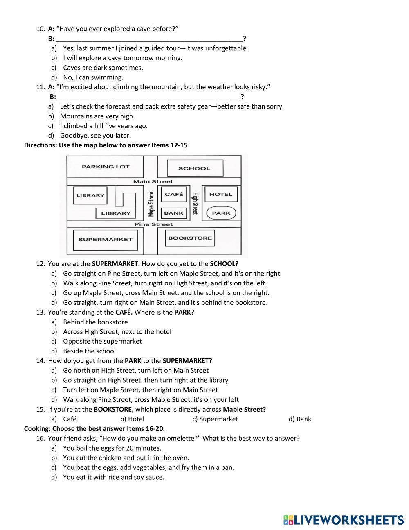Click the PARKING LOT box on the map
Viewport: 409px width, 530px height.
[x=105, y=167]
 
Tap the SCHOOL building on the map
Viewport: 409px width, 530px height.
[x=194, y=168]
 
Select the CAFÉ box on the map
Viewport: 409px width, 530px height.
[x=174, y=194]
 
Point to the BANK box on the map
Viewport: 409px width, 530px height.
[x=174, y=213]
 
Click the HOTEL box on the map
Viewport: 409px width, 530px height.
[x=220, y=194]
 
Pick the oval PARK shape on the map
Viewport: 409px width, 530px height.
[x=221, y=213]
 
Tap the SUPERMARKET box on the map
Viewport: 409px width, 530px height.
[x=105, y=240]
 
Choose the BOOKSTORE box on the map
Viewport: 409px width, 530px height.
[x=190, y=238]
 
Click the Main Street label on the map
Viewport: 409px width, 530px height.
[x=153, y=181]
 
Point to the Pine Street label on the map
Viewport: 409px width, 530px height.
[x=153, y=224]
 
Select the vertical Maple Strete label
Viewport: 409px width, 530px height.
[x=151, y=204]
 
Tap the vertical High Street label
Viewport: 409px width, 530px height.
[x=195, y=204]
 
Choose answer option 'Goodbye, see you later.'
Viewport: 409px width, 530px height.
[x=95, y=136]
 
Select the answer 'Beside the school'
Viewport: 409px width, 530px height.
[x=89, y=351]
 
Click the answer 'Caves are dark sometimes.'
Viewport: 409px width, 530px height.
[x=103, y=68]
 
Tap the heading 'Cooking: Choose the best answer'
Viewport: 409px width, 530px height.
[x=94, y=429]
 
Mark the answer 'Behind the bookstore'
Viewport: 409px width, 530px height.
[x=95, y=322]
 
